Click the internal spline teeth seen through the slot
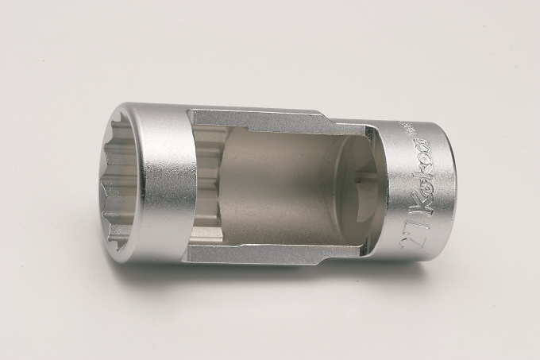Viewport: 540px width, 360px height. [x=208, y=191]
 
